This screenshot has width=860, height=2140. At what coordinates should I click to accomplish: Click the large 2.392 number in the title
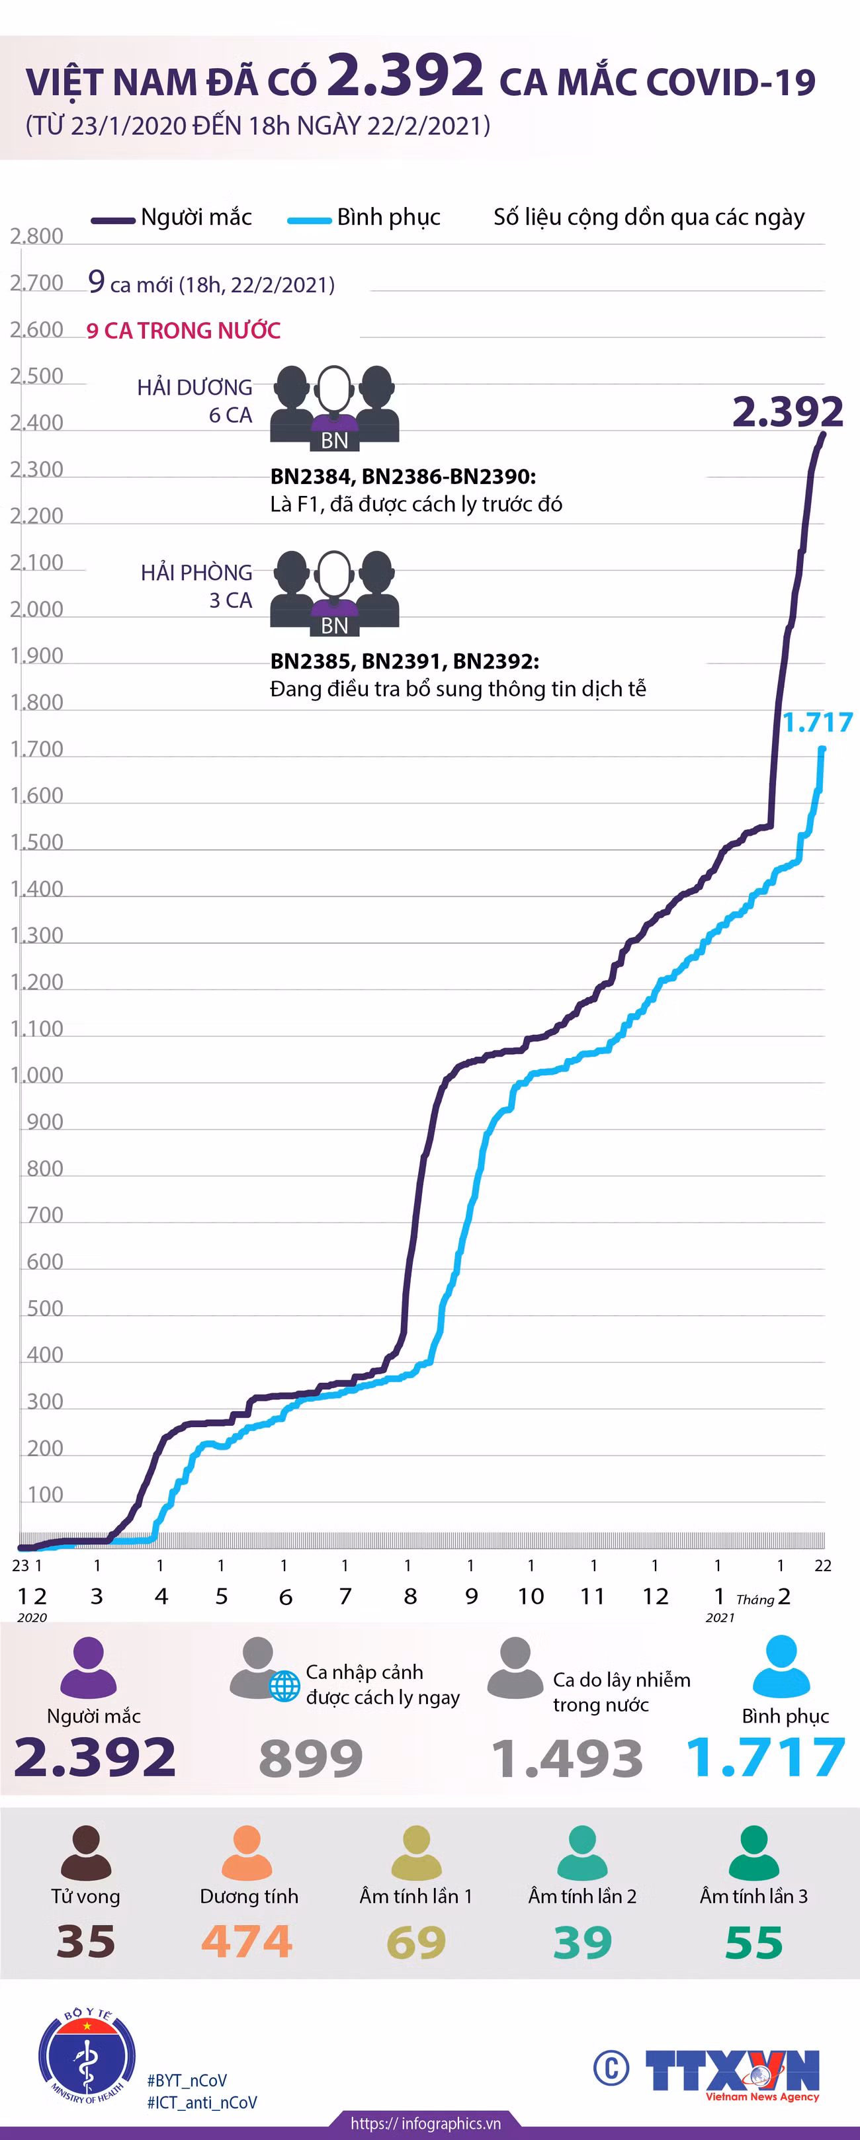click(406, 75)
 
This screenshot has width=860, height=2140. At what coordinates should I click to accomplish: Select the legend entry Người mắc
click(171, 218)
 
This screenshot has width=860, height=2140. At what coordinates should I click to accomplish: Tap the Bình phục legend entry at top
click(364, 218)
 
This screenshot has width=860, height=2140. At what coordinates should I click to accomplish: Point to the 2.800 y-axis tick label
click(36, 236)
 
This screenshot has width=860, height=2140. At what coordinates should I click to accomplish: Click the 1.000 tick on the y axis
click(36, 1075)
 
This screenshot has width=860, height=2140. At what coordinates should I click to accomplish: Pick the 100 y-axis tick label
click(45, 1495)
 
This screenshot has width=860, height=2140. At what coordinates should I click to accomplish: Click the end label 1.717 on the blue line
click(818, 722)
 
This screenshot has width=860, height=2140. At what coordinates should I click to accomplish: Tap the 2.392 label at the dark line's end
click(788, 411)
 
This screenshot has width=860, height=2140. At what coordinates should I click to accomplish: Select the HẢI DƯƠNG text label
click(194, 387)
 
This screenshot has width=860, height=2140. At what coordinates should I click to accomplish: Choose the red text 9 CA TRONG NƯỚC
click(184, 331)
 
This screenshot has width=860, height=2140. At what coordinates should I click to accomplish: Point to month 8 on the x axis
click(409, 1596)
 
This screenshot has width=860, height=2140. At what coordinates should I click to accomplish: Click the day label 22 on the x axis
click(822, 1565)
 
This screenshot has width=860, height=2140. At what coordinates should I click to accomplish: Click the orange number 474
click(247, 1942)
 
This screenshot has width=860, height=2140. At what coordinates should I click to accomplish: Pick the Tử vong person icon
click(85, 1852)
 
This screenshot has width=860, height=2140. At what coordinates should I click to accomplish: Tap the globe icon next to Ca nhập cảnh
click(284, 1686)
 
